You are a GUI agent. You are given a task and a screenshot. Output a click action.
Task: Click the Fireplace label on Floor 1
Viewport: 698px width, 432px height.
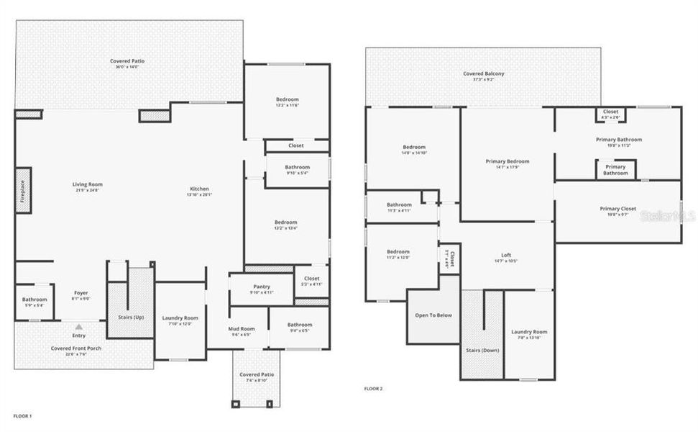click(23, 190)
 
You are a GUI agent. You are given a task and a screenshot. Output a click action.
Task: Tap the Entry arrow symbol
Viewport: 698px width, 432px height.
click(79, 327)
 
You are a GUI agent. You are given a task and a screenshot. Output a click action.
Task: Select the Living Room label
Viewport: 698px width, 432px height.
click(87, 184)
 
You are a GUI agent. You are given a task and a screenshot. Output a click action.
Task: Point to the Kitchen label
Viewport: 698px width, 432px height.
click(199, 189)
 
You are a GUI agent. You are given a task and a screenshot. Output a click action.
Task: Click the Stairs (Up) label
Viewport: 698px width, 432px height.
click(130, 318)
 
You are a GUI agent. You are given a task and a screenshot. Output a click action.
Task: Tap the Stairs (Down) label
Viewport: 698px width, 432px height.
click(482, 350)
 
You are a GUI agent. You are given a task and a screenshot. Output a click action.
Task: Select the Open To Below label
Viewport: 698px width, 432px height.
click(433, 315)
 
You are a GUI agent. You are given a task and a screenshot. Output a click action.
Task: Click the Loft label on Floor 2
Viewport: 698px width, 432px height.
click(506, 256)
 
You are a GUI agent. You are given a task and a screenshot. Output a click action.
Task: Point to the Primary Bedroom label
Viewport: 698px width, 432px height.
click(507, 161)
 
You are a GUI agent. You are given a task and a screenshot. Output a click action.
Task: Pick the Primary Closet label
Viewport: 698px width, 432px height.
click(618, 209)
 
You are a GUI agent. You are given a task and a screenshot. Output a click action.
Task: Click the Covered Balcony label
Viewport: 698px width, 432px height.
click(483, 73)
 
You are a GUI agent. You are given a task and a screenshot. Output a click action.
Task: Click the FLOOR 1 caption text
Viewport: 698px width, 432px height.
click(22, 415)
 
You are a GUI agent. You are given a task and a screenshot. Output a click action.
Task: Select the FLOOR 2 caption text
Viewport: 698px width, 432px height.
click(373, 389)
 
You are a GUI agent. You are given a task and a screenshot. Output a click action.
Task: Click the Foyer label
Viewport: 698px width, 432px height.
click(81, 293)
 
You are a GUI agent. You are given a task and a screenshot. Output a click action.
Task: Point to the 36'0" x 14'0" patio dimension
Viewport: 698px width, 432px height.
click(127, 68)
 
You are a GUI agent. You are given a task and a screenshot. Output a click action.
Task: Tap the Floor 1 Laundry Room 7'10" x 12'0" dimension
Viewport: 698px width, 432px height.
click(180, 323)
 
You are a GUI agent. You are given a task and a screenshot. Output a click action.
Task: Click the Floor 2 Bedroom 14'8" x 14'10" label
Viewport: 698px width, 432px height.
click(414, 153)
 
